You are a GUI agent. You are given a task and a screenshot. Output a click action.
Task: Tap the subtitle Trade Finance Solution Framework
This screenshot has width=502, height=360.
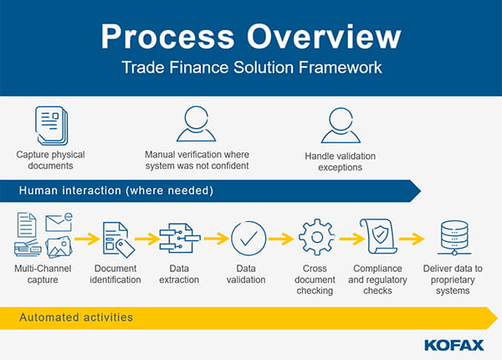point(250,66)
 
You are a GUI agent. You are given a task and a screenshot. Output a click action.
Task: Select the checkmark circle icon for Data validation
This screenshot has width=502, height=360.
point(248,239)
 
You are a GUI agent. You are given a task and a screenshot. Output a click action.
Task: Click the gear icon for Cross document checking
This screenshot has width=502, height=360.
point(315,239)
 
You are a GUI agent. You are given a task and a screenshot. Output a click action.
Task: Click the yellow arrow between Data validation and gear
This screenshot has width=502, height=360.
point(281,239)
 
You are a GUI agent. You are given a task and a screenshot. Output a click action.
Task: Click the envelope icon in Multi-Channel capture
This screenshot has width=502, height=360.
point(59,223)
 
